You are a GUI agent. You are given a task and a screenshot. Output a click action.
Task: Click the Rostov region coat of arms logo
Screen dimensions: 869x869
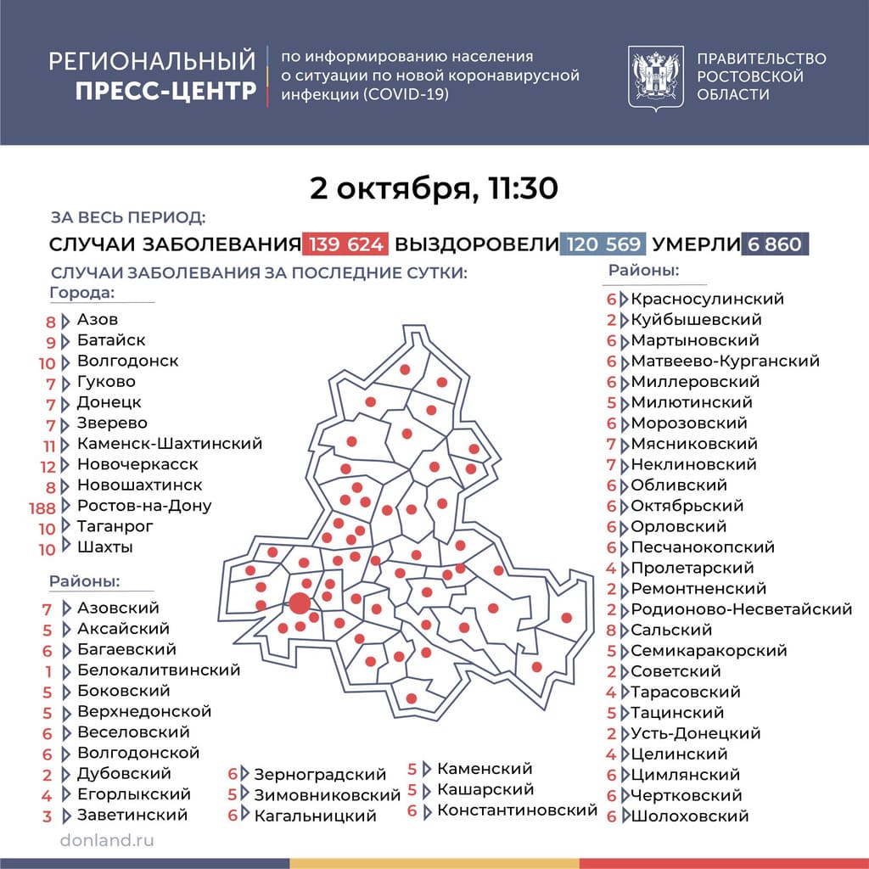tap(656, 76)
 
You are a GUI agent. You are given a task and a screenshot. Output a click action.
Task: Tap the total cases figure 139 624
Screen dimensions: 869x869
tap(345, 244)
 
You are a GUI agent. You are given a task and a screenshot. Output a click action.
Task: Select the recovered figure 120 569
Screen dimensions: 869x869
tap(603, 244)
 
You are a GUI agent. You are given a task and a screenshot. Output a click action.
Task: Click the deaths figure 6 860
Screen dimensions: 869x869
tap(774, 244)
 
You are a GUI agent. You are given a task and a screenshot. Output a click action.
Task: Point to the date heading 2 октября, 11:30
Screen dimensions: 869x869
tap(434, 188)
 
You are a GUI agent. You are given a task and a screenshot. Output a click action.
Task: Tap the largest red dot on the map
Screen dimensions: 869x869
tap(299, 603)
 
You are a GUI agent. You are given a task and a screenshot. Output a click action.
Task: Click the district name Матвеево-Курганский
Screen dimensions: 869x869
tap(725, 361)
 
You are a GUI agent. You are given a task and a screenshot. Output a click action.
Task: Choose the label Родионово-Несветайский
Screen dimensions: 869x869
tap(741, 609)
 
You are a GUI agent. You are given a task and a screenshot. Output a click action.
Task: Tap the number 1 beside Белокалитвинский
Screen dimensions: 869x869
tap(49, 671)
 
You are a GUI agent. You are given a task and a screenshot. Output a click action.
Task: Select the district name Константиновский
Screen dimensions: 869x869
tap(517, 810)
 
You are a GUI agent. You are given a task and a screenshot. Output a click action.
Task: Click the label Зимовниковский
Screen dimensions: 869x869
tap(327, 795)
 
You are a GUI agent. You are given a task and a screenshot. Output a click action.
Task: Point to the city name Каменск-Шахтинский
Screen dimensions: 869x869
tap(169, 443)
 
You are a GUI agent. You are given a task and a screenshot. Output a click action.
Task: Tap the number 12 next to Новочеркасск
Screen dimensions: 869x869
tap(48, 466)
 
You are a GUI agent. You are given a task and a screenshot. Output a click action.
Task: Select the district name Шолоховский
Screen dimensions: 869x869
tap(689, 816)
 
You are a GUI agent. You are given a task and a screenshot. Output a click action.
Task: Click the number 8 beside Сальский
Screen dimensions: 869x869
tap(611, 631)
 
